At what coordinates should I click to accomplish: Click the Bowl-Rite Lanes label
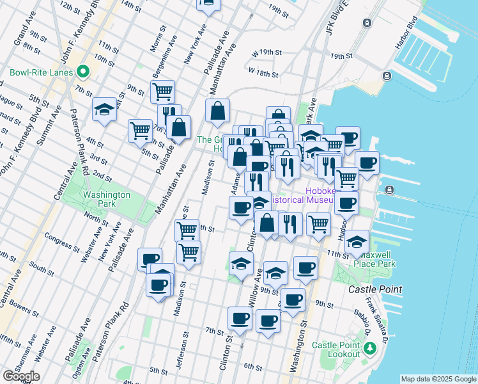pos(40,72)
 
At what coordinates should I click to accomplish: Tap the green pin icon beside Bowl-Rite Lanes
pos(82,72)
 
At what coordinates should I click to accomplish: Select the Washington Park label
pos(106,199)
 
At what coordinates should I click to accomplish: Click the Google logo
pos(20,376)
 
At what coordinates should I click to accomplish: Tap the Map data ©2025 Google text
pos(438,379)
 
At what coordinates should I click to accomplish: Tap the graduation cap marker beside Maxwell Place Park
pos(358,242)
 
